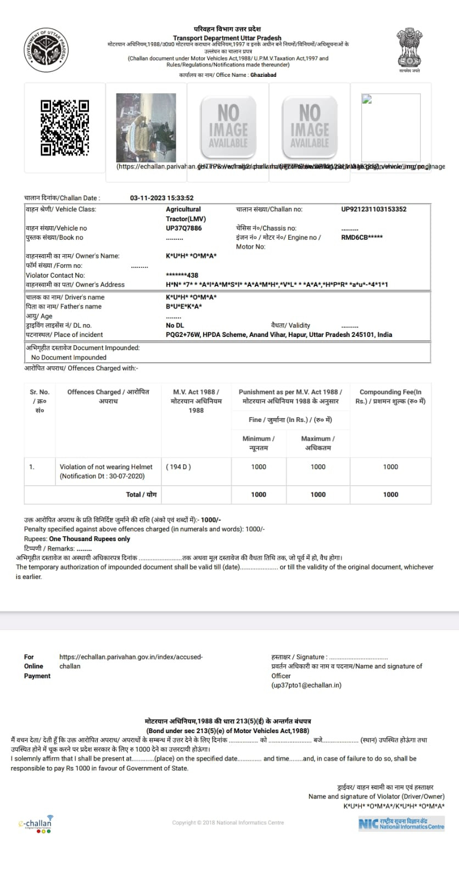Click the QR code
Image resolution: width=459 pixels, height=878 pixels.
pyautogui.click(x=65, y=127)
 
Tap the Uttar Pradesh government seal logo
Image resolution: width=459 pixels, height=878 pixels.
pyautogui.click(x=47, y=50)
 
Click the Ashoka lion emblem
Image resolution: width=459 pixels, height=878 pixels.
pyautogui.click(x=409, y=48)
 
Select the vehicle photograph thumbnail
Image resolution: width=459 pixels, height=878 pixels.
pyautogui.click(x=146, y=127)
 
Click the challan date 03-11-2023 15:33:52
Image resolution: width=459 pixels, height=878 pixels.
pyautogui.click(x=161, y=198)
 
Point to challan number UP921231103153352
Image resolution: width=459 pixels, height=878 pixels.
pyautogui.click(x=374, y=209)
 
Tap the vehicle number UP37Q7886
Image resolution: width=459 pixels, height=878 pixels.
pyautogui.click(x=184, y=228)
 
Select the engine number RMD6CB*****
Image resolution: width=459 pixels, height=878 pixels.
pyautogui.click(x=362, y=238)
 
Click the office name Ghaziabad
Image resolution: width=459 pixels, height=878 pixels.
pyautogui.click(x=264, y=75)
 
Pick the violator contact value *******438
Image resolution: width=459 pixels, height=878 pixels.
pyautogui.click(x=182, y=275)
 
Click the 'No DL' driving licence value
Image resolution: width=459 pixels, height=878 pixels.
pyautogui.click(x=175, y=325)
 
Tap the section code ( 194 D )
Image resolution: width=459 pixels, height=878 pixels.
pyautogui.click(x=178, y=467)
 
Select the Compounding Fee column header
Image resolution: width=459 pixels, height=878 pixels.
pyautogui.click(x=390, y=396)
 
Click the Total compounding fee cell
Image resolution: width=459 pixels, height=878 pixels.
pyautogui.click(x=390, y=494)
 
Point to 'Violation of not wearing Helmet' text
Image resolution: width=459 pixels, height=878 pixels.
pyautogui.click(x=106, y=467)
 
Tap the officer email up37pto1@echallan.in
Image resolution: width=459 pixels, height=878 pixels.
pyautogui.click(x=306, y=685)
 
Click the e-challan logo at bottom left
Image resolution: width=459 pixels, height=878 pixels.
pyautogui.click(x=36, y=824)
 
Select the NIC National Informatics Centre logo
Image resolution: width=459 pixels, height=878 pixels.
pyautogui.click(x=401, y=824)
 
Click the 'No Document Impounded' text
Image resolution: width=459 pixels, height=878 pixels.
pyautogui.click(x=69, y=357)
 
